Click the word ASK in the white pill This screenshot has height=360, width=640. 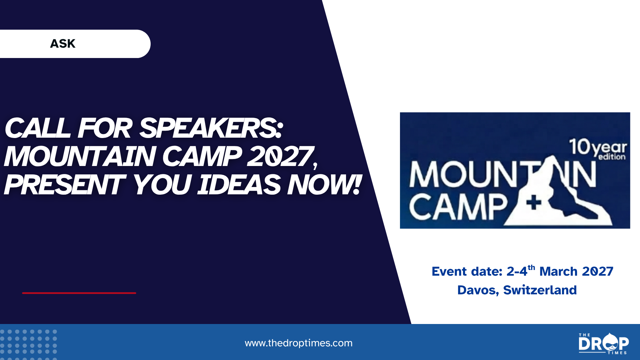click(x=63, y=44)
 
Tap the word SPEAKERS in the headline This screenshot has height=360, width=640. click(x=211, y=128)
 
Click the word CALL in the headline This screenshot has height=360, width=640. click(x=38, y=128)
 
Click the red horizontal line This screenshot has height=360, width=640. click(x=79, y=293)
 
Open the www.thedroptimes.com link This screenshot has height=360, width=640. click(x=299, y=343)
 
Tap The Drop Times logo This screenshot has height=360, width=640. click(x=604, y=343)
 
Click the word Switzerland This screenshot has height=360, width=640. click(x=540, y=290)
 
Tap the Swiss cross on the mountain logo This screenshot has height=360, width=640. click(x=534, y=203)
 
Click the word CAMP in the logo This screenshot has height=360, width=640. click(x=458, y=207)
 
